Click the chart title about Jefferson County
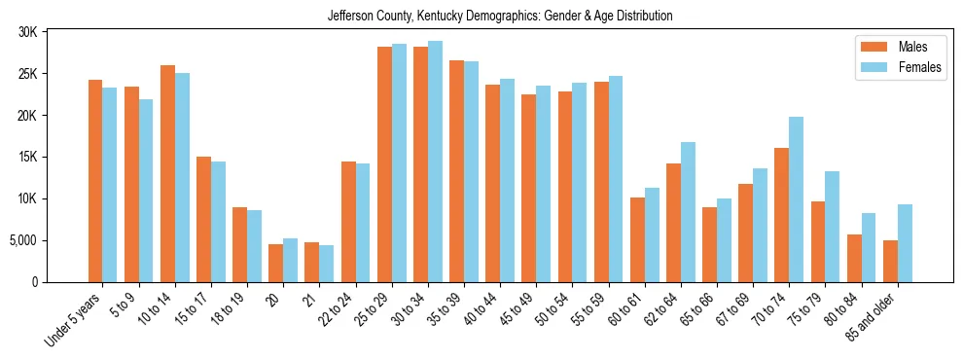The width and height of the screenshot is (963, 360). tap(500, 16)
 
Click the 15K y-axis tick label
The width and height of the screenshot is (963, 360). tap(27, 157)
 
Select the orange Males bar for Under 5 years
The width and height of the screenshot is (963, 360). tap(95, 181)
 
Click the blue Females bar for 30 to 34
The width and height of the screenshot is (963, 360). tap(435, 162)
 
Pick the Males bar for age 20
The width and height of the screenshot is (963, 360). tap(276, 263)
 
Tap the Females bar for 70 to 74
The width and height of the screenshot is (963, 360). tap(796, 199)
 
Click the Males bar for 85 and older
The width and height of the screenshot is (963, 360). tap(890, 261)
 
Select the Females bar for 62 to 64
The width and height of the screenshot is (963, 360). tap(688, 212)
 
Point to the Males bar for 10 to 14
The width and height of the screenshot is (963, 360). tap(167, 173)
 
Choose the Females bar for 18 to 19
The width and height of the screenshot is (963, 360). tap(254, 246)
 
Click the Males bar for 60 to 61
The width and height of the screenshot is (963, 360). tap(637, 239)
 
